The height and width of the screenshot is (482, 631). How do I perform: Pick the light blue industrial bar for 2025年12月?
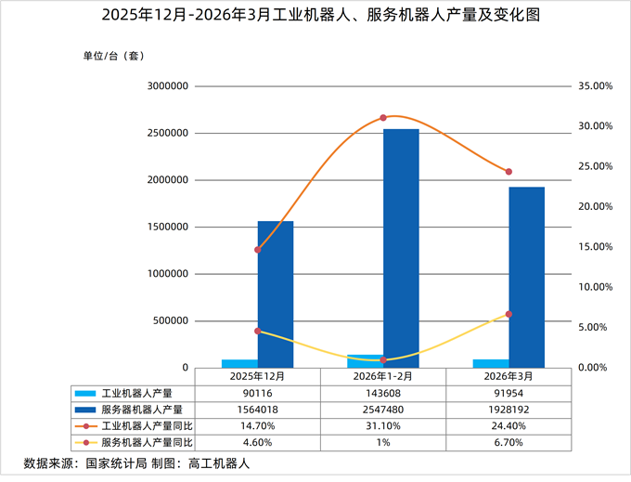point(239,363)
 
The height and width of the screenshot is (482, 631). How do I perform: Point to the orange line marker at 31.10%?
point(383,118)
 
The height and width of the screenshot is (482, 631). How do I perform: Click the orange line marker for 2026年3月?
point(509,172)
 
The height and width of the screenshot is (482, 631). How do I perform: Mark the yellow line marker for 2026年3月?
point(509,314)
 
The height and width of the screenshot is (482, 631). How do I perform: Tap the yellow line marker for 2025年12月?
point(258,331)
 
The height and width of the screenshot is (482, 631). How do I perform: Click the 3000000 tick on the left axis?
point(168,86)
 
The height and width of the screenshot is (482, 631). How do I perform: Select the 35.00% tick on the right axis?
point(594,86)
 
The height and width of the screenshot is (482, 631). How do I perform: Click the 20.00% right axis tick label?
point(594,206)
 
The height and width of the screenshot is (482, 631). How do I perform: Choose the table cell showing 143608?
point(382,393)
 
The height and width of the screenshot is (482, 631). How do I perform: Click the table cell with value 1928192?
point(508,409)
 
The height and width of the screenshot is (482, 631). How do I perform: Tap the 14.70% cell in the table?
point(257,425)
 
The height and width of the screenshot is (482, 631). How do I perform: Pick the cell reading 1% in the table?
point(382,442)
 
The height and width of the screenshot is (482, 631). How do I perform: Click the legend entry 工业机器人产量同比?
point(147,425)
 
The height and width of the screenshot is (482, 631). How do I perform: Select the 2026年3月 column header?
point(508,376)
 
